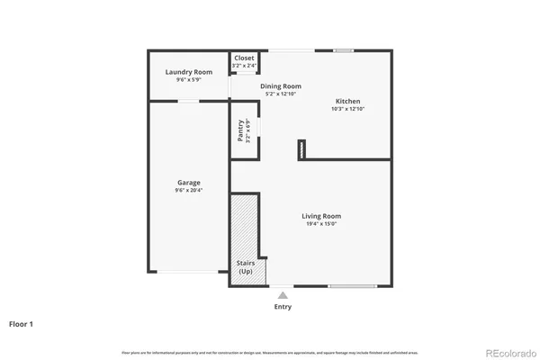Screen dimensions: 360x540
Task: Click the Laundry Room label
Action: (x=189, y=72)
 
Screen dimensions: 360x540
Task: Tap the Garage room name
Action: (x=188, y=183)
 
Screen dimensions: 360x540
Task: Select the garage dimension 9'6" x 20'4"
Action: (x=188, y=191)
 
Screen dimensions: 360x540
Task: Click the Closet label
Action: (x=244, y=58)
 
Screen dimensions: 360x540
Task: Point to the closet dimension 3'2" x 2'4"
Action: (x=244, y=65)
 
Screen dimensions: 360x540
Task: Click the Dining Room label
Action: (x=281, y=86)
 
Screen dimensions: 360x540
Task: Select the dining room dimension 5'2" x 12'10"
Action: (x=281, y=94)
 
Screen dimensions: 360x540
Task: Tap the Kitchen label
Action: (x=348, y=101)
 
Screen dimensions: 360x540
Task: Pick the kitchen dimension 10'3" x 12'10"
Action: (x=348, y=109)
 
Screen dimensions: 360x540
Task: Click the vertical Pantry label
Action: (x=240, y=130)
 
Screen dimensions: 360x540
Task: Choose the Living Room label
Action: (x=321, y=216)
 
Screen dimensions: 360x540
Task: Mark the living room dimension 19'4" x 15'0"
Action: (x=321, y=224)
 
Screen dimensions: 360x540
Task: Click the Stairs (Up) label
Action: (x=245, y=267)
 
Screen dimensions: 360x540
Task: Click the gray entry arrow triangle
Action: (x=283, y=294)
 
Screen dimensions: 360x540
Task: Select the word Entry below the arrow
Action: (x=283, y=307)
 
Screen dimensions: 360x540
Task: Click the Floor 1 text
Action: (x=22, y=322)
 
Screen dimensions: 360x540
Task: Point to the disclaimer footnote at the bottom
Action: (x=270, y=351)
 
